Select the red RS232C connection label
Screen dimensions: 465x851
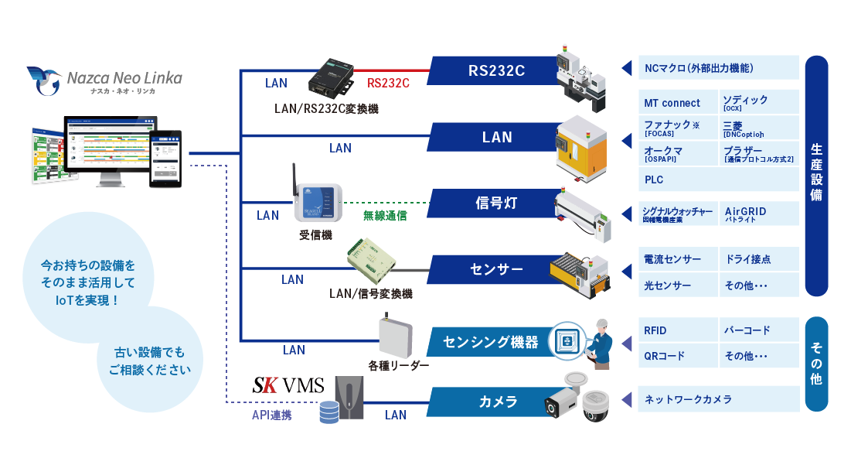coord(388,83)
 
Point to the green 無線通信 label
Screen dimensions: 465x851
coord(385,215)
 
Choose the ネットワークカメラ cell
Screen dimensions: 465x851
coord(718,399)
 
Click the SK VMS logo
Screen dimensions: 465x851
coord(288,385)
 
